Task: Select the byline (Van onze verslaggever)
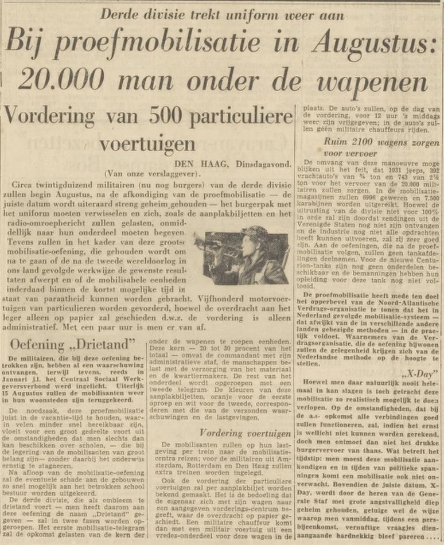click(x=152, y=173)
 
